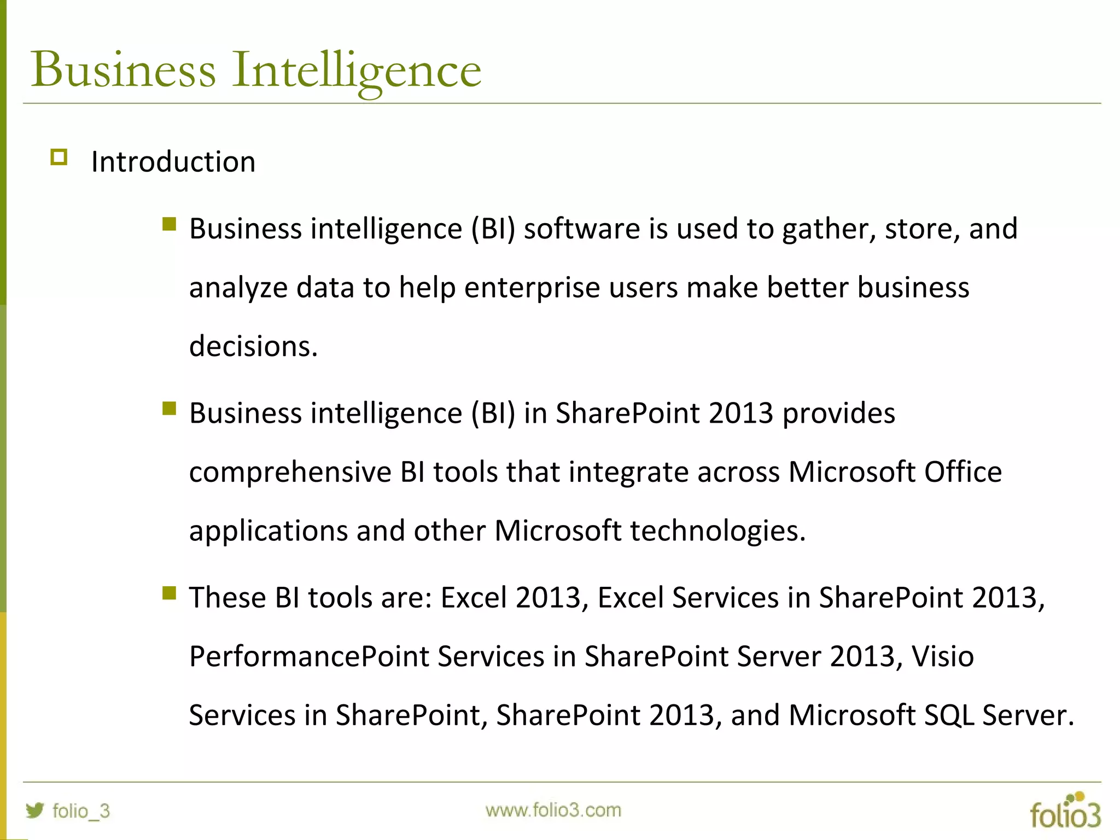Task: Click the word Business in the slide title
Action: [x=124, y=69]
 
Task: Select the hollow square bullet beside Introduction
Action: [x=59, y=157]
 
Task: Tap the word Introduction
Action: [x=173, y=162]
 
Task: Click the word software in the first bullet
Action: [x=581, y=229]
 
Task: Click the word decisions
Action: [x=253, y=346]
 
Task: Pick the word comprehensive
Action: [x=290, y=472]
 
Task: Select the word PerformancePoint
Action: [x=308, y=656]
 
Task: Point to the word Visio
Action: [x=942, y=656]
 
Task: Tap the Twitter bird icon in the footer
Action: [x=34, y=810]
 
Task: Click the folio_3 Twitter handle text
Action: [x=81, y=811]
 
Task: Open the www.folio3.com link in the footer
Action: [x=553, y=810]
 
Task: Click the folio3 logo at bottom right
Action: [x=1065, y=811]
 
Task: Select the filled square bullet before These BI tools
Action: [x=169, y=593]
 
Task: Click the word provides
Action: [x=838, y=413]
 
